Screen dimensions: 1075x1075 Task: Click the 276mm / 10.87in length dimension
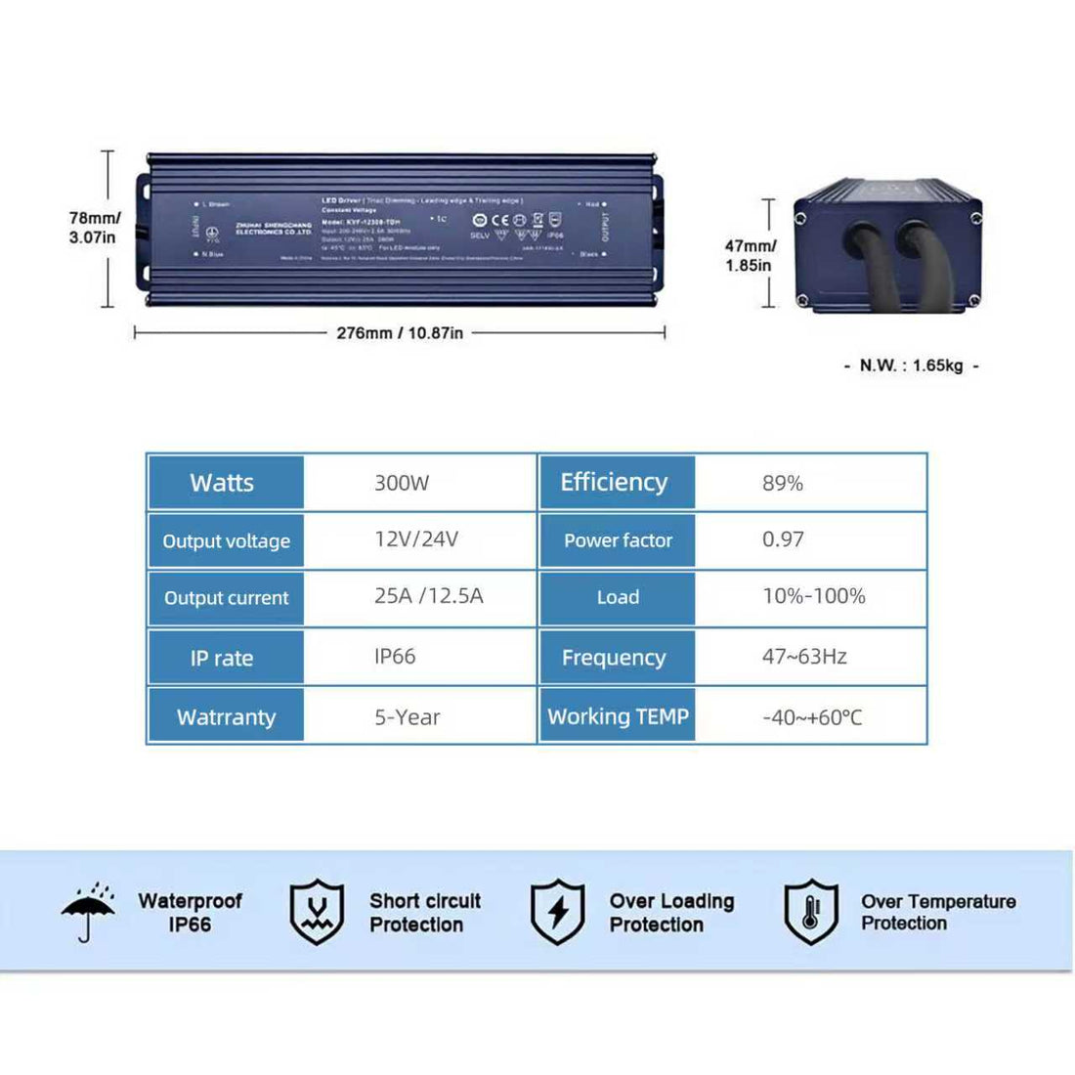400,333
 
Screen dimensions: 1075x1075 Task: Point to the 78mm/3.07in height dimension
94,228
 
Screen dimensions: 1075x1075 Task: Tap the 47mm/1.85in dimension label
750,256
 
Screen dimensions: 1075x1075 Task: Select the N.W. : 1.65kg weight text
911,365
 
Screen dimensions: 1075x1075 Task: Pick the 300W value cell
402,483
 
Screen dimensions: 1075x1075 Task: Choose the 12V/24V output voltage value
415,539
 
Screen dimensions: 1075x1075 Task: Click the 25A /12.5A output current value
428,596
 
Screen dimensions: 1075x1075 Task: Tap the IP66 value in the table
395,657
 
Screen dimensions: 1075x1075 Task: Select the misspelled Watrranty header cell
226,717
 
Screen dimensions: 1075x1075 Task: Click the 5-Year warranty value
407,717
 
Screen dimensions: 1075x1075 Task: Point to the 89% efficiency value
782,483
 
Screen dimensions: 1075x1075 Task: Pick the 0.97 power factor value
783,539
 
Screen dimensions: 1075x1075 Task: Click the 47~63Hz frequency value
804,657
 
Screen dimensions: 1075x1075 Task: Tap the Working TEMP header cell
618,716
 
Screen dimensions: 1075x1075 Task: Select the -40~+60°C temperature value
811,717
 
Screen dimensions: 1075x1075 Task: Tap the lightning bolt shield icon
557,912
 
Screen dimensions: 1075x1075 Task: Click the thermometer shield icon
811,912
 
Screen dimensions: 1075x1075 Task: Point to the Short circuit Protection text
424,913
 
